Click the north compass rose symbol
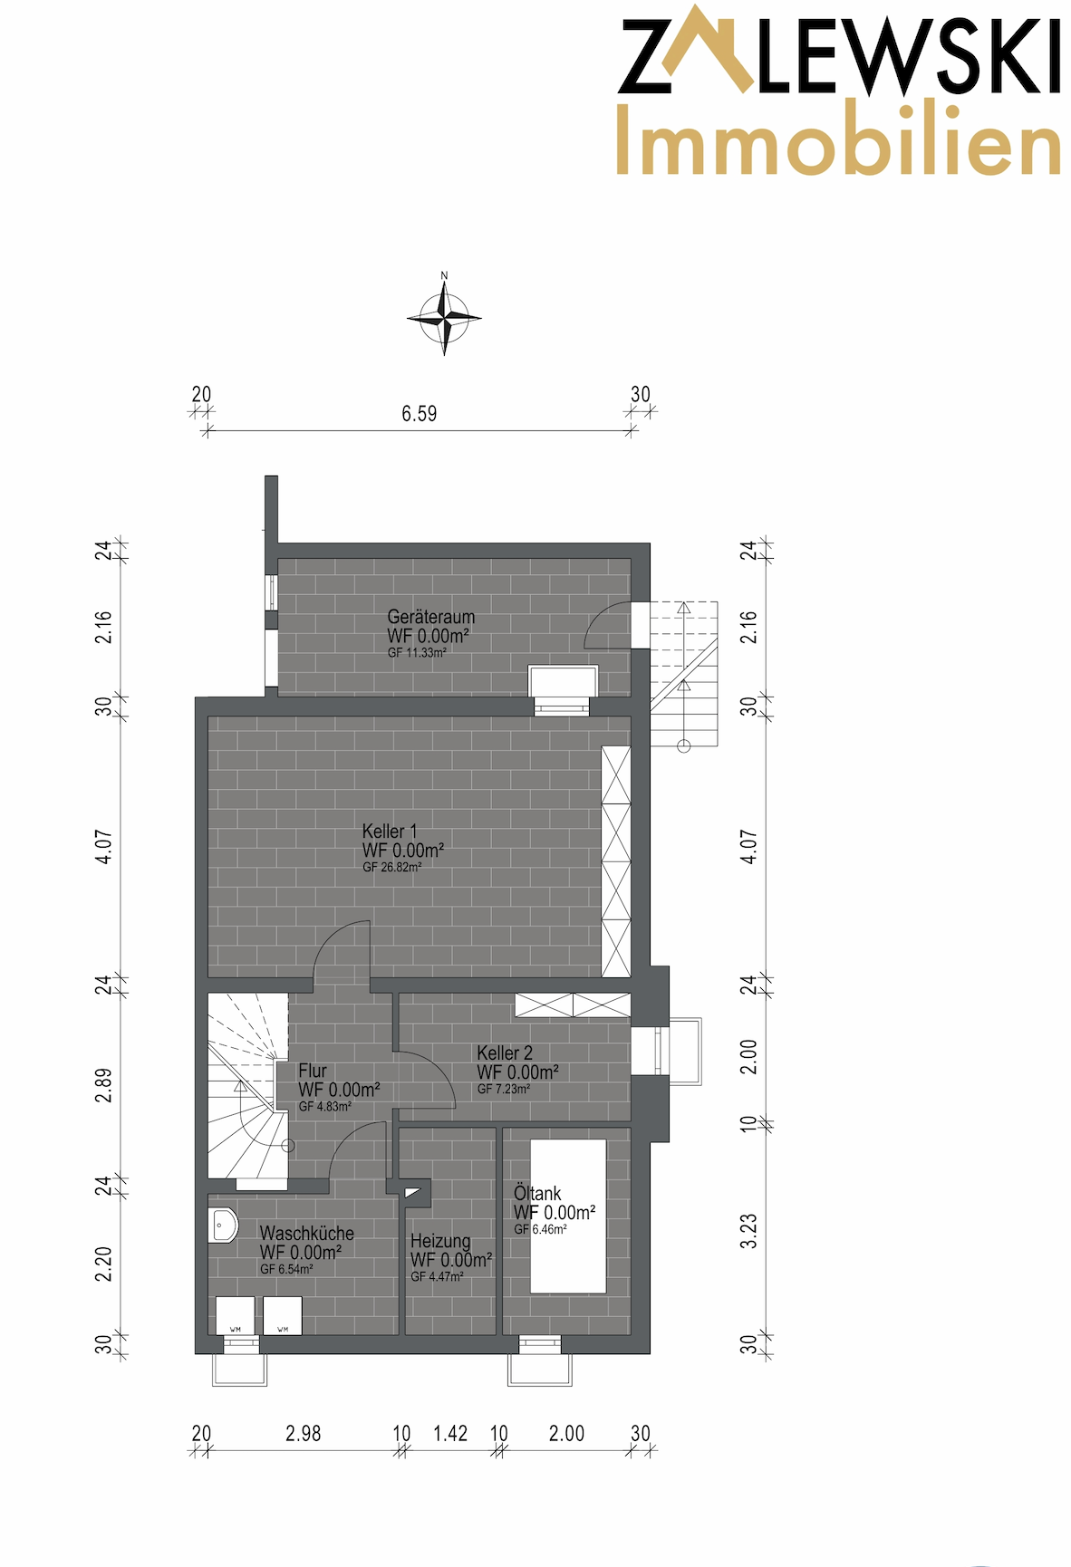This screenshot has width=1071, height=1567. point(444,317)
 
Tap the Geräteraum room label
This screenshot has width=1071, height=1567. point(431,617)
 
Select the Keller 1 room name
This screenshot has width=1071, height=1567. point(390,831)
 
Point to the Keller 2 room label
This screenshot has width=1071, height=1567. point(505,1053)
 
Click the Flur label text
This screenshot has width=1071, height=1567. point(313,1071)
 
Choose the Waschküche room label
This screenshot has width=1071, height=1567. point(307,1233)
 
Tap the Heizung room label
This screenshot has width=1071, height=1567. point(440,1241)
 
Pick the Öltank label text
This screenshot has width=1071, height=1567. point(537,1193)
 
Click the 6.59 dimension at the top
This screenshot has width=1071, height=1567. point(420,414)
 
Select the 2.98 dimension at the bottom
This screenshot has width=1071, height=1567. point(304,1434)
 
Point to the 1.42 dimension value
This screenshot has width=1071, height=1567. point(450,1434)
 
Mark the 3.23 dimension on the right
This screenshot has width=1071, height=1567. point(748,1231)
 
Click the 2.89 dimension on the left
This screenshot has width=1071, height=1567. point(104,1085)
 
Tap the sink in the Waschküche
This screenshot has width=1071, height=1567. point(223,1225)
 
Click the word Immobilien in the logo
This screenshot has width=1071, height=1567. point(838,139)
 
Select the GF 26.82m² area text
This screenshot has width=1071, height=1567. point(392,867)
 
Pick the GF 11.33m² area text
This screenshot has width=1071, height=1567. point(417,652)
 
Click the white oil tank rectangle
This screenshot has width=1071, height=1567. point(568,1216)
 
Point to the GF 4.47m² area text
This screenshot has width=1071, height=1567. point(438,1276)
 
